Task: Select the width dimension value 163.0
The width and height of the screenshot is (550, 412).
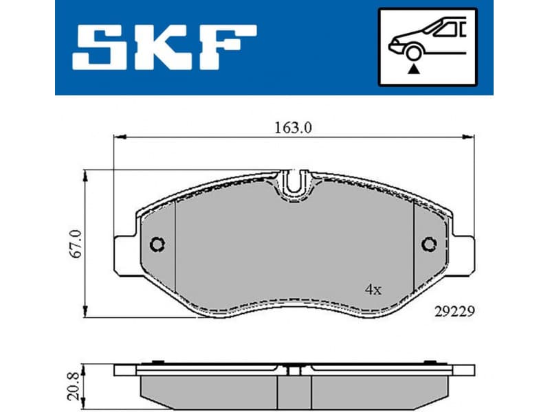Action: coord(294,128)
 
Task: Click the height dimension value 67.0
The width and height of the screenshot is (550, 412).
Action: coord(76,244)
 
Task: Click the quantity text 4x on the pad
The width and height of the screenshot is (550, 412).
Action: coord(373,290)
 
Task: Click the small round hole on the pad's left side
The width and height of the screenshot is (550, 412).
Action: coord(157,244)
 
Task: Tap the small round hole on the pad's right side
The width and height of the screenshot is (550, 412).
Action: coord(430,244)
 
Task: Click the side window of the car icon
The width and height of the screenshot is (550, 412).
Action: coord(450,29)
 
